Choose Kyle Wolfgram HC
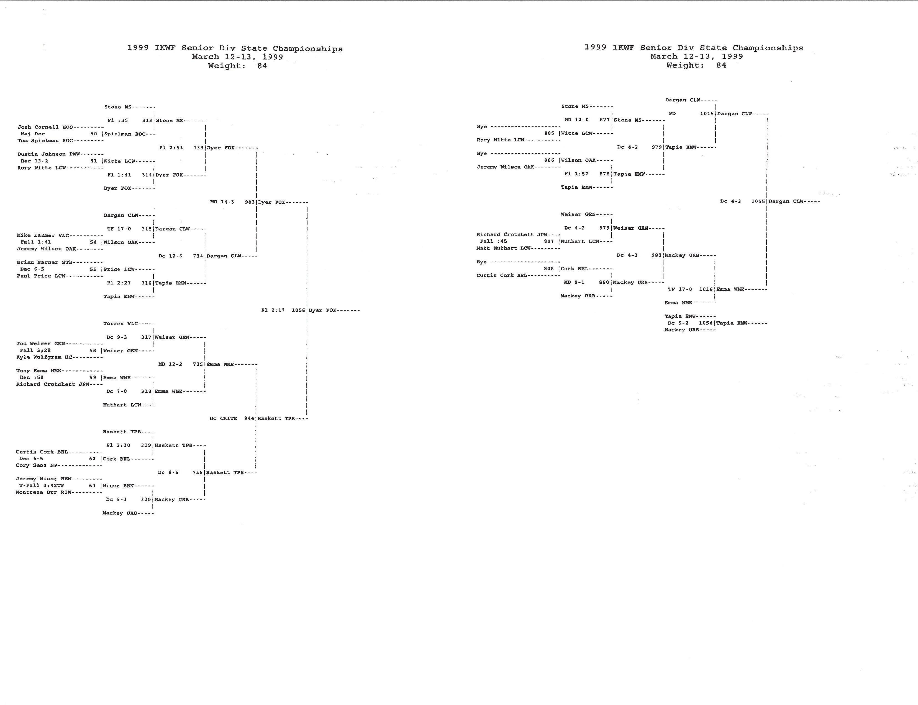pos(45,357)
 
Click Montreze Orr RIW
pos(44,492)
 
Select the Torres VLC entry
pos(120,323)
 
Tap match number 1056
pos(298,310)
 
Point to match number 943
pos(250,202)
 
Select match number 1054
pos(706,323)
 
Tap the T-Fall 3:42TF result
pos(42,486)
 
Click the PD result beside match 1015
pos(672,114)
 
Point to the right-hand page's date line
pos(697,56)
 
